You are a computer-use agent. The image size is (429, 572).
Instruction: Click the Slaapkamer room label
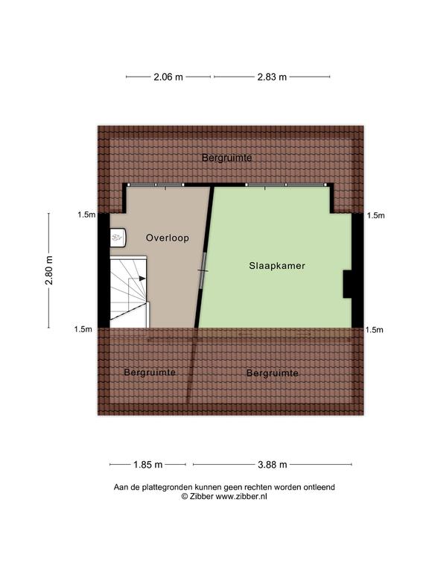click(x=277, y=266)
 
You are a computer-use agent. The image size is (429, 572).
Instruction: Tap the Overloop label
click(x=168, y=238)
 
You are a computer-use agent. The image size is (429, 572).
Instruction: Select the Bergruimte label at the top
click(x=226, y=158)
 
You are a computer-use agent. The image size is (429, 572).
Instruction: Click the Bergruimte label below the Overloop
click(x=150, y=372)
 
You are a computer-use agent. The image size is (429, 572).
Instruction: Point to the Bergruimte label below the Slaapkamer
click(x=273, y=373)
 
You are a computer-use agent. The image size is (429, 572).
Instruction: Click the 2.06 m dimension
click(x=168, y=77)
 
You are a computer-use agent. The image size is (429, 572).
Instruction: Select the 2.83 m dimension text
click(x=272, y=77)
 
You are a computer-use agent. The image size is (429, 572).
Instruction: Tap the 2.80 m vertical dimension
click(x=49, y=270)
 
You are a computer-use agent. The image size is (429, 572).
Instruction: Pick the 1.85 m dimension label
click(x=147, y=465)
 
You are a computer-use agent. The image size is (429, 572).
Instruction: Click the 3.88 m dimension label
click(x=272, y=465)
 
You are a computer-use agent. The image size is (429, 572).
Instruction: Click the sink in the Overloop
click(x=118, y=238)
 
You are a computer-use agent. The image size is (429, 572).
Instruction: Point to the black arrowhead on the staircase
click(x=142, y=279)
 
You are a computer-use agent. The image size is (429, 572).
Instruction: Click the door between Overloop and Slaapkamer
click(x=203, y=270)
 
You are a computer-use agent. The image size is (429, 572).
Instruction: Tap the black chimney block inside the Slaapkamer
click(x=347, y=285)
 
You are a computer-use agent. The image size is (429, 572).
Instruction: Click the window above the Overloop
click(x=156, y=185)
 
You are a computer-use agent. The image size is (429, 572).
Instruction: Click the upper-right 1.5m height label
click(x=375, y=215)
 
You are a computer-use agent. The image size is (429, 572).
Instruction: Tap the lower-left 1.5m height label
click(x=83, y=329)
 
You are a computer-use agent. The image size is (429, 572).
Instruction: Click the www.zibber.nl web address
click(x=241, y=496)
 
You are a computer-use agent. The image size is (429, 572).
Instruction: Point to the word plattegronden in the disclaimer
click(x=167, y=487)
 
